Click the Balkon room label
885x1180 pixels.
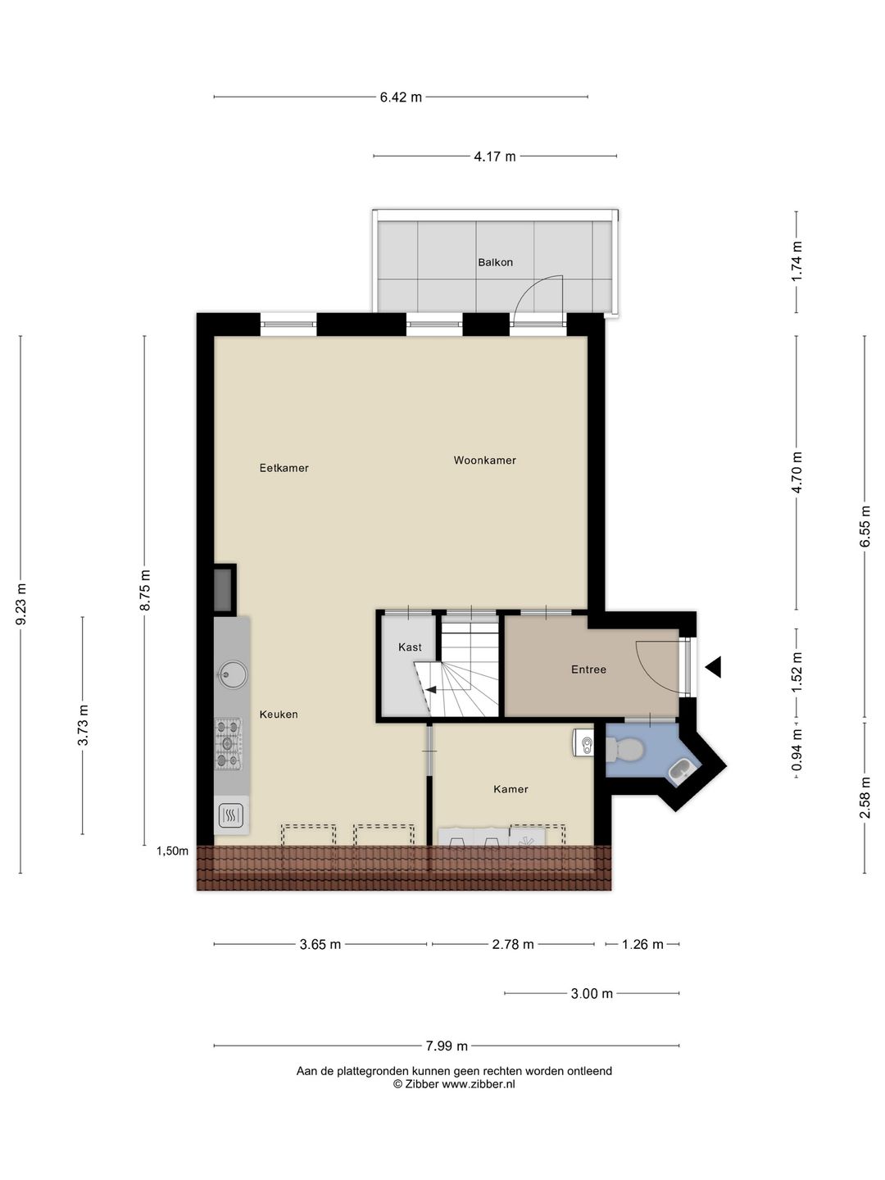[495, 262]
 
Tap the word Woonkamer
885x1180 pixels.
[484, 461]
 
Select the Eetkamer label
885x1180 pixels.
[284, 468]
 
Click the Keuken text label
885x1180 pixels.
[279, 715]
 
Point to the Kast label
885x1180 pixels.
[410, 647]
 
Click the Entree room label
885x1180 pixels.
[588, 669]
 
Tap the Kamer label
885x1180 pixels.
[511, 789]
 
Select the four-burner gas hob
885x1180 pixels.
[229, 744]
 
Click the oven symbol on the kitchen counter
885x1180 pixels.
[230, 815]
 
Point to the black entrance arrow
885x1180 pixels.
[714, 667]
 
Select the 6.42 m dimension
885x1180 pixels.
[401, 98]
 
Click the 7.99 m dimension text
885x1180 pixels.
[447, 1046]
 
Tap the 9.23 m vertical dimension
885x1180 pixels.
[21, 604]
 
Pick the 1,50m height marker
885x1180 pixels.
[172, 851]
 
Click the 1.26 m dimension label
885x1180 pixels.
[642, 945]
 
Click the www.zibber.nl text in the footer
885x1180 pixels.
[479, 1084]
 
